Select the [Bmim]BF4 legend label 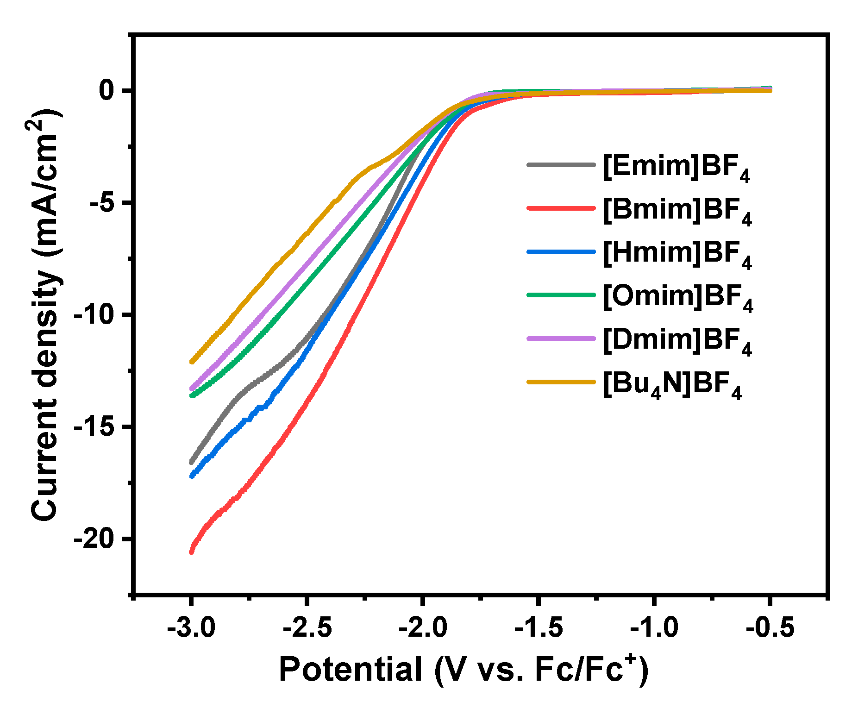click(x=677, y=210)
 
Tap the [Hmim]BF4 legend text click(x=677, y=254)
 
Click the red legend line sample click(x=561, y=208)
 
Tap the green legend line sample click(x=561, y=295)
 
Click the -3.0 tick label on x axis click(x=191, y=628)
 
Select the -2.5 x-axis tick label click(x=307, y=628)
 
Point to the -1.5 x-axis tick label click(x=539, y=628)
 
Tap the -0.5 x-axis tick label click(x=770, y=628)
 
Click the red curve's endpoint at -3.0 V click(x=191, y=552)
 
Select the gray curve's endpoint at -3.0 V click(x=191, y=462)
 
